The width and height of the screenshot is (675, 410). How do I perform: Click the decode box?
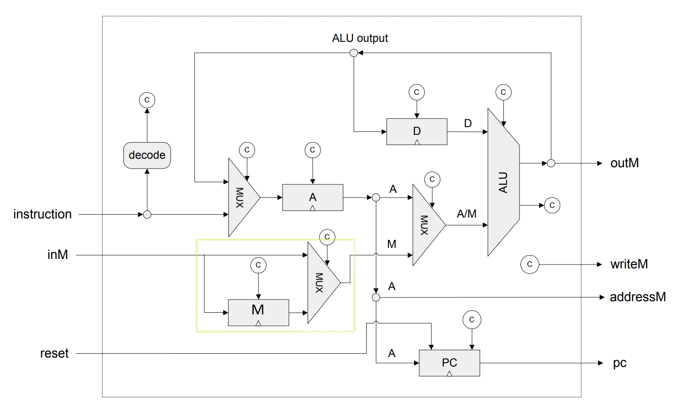point(147,155)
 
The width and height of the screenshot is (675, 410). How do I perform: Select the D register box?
point(417,131)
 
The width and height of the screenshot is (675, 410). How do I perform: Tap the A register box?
point(313,197)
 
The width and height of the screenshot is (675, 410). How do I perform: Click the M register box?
point(258,312)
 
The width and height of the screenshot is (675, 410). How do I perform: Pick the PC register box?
point(449,363)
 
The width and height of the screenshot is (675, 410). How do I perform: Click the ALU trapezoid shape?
point(503,182)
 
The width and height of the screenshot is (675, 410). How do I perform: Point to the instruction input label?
point(42,214)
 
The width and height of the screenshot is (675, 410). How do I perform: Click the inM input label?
point(58,255)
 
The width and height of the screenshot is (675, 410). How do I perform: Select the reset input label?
point(54,353)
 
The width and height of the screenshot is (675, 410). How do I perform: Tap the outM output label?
point(624,163)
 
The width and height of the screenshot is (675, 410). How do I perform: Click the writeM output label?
point(629,264)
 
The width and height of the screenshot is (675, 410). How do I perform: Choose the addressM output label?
point(637,297)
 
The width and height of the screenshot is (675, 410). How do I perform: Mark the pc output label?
point(619,363)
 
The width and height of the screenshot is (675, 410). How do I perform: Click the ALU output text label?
point(360,38)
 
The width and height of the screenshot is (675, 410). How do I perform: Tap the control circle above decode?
point(147,100)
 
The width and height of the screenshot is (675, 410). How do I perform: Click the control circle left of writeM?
point(530,265)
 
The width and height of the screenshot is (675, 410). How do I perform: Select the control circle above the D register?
point(417,92)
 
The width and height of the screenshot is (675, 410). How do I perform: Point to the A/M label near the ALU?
point(466,214)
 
